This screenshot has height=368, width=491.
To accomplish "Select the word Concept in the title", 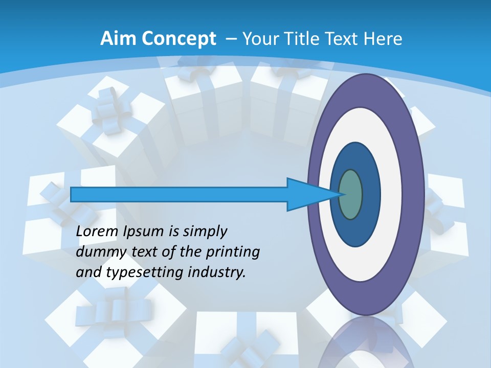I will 180,39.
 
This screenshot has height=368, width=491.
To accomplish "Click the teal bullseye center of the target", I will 351,194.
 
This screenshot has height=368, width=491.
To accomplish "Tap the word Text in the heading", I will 342,39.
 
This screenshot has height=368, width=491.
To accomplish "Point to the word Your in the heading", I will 259,39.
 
